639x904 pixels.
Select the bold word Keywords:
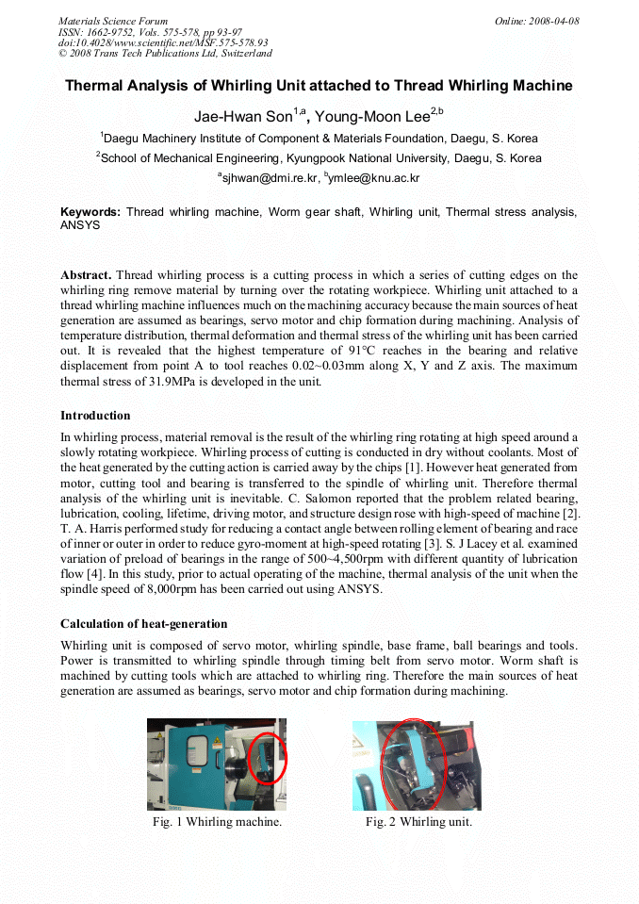(x=90, y=212)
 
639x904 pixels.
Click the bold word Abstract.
(x=86, y=275)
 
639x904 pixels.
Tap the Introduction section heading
(x=95, y=416)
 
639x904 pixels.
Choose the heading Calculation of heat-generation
(x=143, y=624)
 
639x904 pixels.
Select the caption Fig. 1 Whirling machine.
(x=218, y=822)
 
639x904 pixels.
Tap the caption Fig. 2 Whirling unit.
(x=418, y=822)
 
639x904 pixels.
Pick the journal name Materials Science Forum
(x=113, y=21)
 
